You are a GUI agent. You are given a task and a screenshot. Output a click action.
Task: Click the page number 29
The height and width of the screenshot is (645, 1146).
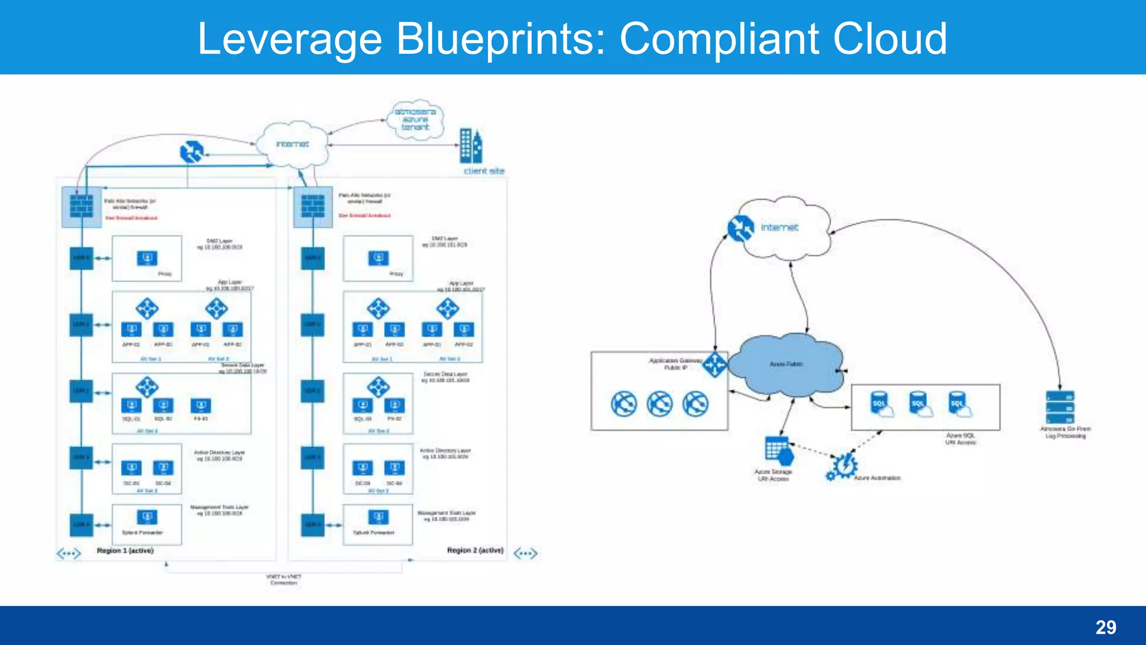pyautogui.click(x=1106, y=627)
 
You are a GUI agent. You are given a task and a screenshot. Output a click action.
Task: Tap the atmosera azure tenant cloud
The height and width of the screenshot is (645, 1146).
pyautogui.click(x=415, y=119)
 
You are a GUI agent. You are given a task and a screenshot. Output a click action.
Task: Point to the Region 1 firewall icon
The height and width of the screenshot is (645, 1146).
pyautogui.click(x=82, y=205)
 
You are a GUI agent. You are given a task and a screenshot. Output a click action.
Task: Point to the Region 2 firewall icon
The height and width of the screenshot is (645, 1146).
pyautogui.click(x=313, y=205)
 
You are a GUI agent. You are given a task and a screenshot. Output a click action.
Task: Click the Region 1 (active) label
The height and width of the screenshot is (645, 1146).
pyautogui.click(x=125, y=550)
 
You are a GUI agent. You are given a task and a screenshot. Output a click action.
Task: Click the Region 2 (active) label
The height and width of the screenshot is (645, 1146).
pyautogui.click(x=475, y=550)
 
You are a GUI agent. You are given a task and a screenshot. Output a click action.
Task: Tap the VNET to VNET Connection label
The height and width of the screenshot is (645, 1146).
pyautogui.click(x=283, y=579)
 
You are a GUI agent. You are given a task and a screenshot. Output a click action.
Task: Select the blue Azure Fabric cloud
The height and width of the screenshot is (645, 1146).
pyautogui.click(x=786, y=364)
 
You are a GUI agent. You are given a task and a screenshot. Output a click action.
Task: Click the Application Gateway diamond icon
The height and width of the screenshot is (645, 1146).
pyautogui.click(x=715, y=364)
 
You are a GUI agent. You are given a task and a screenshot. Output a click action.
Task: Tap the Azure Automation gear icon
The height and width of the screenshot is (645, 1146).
pyautogui.click(x=842, y=467)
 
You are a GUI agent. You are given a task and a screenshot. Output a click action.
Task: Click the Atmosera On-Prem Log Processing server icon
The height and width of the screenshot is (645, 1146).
pyautogui.click(x=1060, y=407)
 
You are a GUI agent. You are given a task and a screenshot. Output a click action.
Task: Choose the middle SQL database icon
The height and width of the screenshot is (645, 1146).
pyautogui.click(x=919, y=404)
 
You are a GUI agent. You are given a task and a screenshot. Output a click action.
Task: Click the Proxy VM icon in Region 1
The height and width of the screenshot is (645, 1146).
pyautogui.click(x=147, y=258)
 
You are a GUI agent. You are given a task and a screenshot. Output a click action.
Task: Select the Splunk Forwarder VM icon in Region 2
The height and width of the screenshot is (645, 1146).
pyautogui.click(x=378, y=517)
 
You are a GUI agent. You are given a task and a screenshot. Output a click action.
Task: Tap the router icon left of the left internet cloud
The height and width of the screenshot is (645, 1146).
pyautogui.click(x=191, y=152)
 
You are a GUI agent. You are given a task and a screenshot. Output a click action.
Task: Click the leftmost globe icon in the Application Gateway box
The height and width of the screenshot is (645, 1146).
pyautogui.click(x=623, y=404)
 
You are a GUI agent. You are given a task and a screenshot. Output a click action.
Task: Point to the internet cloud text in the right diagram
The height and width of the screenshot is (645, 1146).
pyautogui.click(x=779, y=227)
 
